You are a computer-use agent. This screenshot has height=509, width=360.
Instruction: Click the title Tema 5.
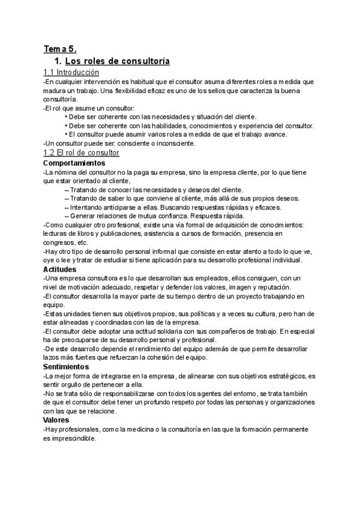pos(60,50)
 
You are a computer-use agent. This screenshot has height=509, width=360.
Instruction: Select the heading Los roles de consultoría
pos(117,61)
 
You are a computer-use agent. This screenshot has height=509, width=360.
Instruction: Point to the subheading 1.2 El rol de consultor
pos(82,153)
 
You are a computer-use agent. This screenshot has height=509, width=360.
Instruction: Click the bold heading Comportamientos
pos(74,163)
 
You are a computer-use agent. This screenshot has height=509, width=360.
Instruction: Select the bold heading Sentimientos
pos(66,366)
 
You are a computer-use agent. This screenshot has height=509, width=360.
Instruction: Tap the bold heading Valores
pos(57,420)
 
